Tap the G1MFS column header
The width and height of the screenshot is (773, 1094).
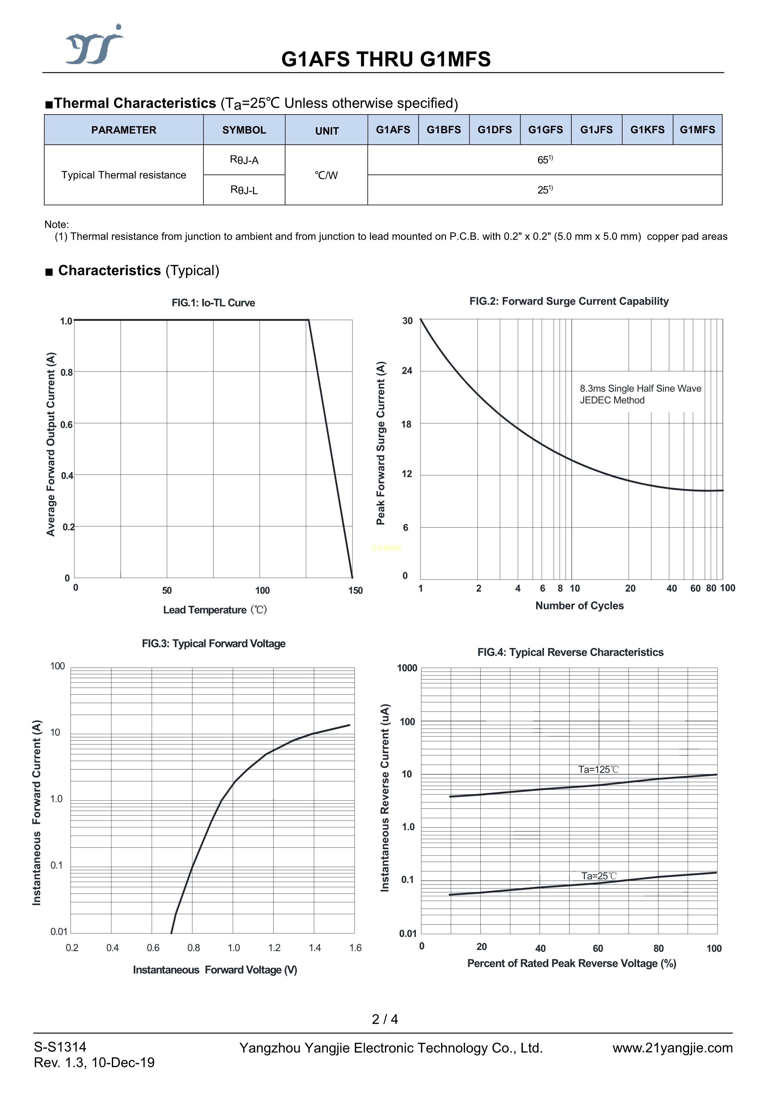pyautogui.click(x=697, y=130)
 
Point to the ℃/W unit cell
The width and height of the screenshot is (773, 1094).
pyautogui.click(x=326, y=175)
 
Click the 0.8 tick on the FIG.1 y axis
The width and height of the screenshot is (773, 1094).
pyautogui.click(x=67, y=372)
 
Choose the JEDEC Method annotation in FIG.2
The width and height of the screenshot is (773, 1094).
pyautogui.click(x=612, y=400)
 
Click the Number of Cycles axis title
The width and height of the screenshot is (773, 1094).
pyautogui.click(x=579, y=606)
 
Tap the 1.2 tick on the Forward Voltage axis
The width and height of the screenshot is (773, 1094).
pyautogui.click(x=274, y=948)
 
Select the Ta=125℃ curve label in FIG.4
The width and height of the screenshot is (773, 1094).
pyautogui.click(x=598, y=770)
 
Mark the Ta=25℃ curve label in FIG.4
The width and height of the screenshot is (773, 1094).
pyautogui.click(x=599, y=876)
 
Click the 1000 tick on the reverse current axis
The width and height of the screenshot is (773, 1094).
pyautogui.click(x=407, y=668)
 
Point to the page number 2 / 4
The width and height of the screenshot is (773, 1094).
pyautogui.click(x=385, y=1019)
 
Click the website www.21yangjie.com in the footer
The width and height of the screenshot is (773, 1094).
pyautogui.click(x=672, y=1048)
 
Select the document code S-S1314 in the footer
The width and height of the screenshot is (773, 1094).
pyautogui.click(x=60, y=1047)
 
